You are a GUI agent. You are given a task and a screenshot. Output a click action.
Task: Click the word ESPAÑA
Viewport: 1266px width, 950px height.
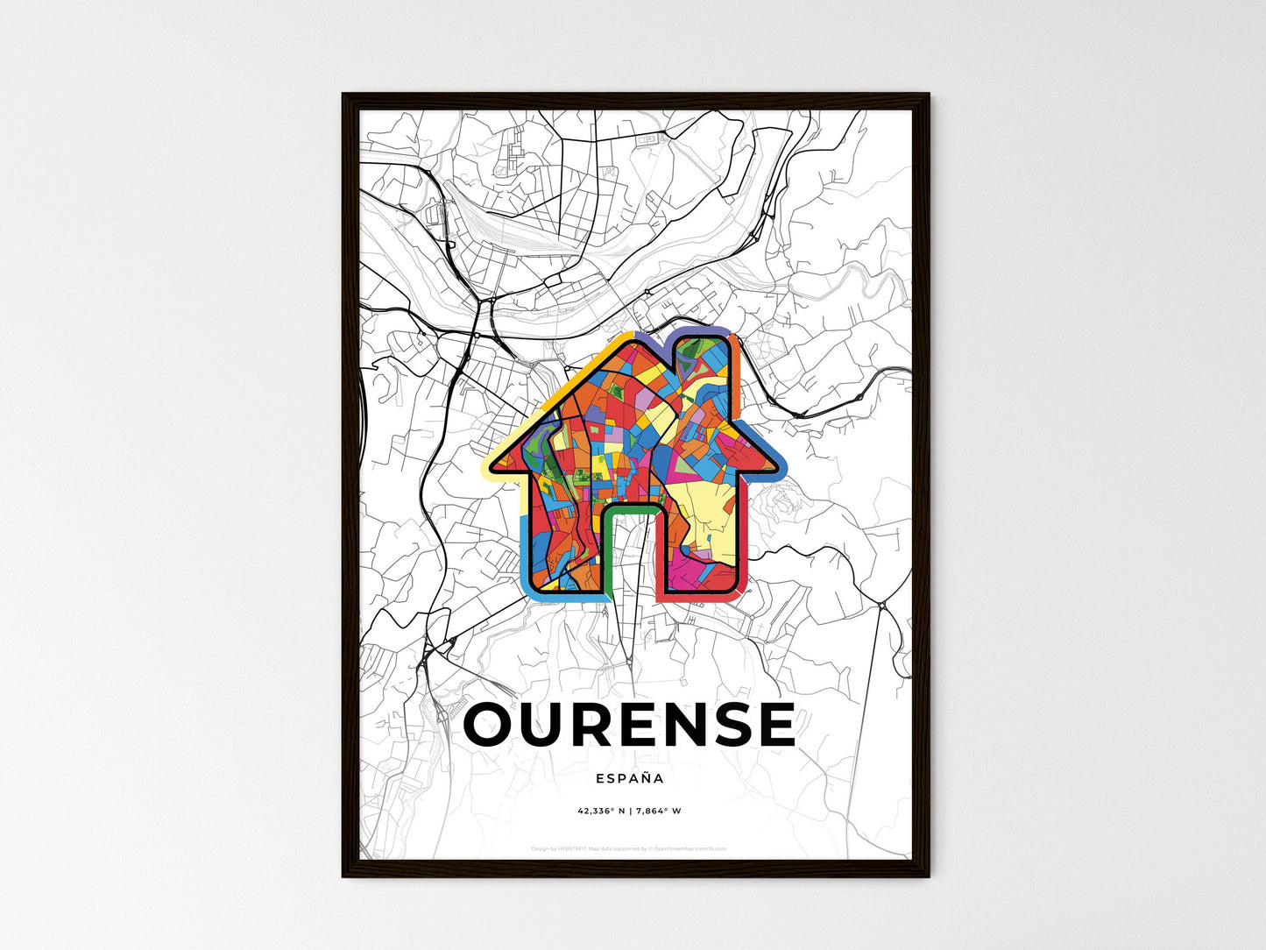[629, 778]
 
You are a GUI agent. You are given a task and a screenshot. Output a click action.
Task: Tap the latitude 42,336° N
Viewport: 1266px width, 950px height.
[599, 811]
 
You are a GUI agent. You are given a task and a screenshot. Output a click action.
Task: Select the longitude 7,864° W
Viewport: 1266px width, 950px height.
[659, 811]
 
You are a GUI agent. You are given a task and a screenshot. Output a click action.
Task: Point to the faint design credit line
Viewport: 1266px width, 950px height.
[629, 848]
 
